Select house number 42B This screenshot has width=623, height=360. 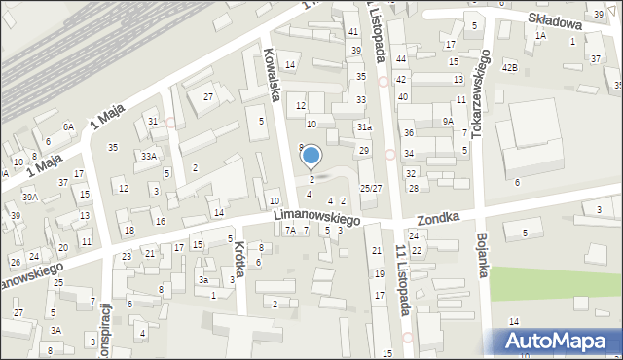click(x=509, y=67)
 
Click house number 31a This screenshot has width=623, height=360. click(x=363, y=126)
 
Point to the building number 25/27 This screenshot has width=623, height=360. click(x=371, y=188)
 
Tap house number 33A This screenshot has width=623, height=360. click(x=148, y=156)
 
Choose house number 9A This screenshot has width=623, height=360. click(x=448, y=121)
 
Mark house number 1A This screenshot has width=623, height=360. click(x=540, y=35)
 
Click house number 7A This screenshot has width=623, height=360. click(x=289, y=231)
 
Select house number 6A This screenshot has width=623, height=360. click(x=68, y=126)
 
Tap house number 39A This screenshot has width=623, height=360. click(x=30, y=197)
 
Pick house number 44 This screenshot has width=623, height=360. click(x=401, y=59)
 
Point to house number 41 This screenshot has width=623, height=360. click(x=353, y=32)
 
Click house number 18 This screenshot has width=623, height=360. click(x=129, y=230)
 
